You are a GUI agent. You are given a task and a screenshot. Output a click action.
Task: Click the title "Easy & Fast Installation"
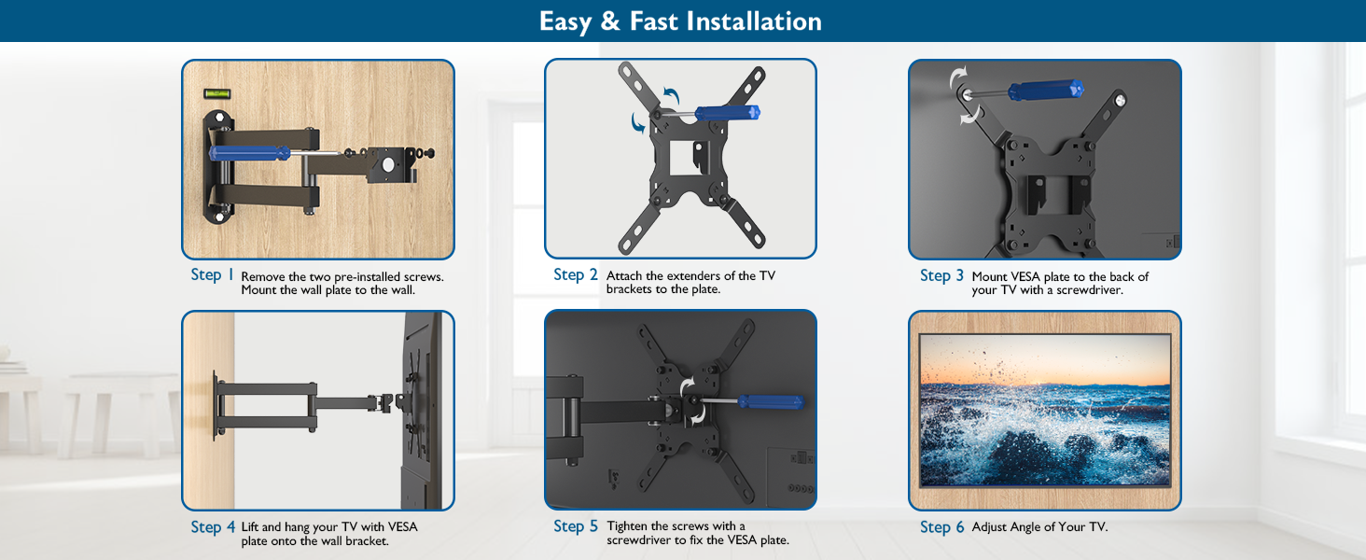pos(680,21)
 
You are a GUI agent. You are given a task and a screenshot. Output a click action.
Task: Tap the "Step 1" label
pos(212,274)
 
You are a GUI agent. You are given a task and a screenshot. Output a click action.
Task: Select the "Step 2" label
pos(575,274)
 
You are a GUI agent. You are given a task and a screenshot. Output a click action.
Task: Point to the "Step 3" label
pos(941,275)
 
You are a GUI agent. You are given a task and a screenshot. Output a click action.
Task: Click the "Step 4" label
pos(213,527)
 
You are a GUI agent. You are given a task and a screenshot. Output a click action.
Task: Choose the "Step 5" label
pos(576,525)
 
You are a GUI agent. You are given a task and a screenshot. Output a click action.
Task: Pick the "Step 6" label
pos(942,527)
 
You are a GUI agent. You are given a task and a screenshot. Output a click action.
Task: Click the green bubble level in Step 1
pos(216,94)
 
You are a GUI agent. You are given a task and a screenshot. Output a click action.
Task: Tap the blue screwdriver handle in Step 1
pos(250,153)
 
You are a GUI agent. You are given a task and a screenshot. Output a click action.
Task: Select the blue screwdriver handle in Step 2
pos(728,113)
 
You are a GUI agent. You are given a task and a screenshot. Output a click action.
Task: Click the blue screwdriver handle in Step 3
pos(1045,91)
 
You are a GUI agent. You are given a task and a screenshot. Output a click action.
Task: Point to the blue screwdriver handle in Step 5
pos(771,402)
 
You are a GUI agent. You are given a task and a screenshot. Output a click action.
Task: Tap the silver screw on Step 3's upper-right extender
pos(1120,100)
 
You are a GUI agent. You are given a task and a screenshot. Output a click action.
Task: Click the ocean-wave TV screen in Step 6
pos(1045,410)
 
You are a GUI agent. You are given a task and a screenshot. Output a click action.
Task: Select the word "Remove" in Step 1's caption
pos(263,277)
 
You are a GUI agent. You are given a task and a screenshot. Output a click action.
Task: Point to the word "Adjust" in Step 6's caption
pos(989,527)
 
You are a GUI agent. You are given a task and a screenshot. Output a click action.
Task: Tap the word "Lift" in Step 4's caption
pos(249,526)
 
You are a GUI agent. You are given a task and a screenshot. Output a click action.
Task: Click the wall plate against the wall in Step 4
pos(215,404)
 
